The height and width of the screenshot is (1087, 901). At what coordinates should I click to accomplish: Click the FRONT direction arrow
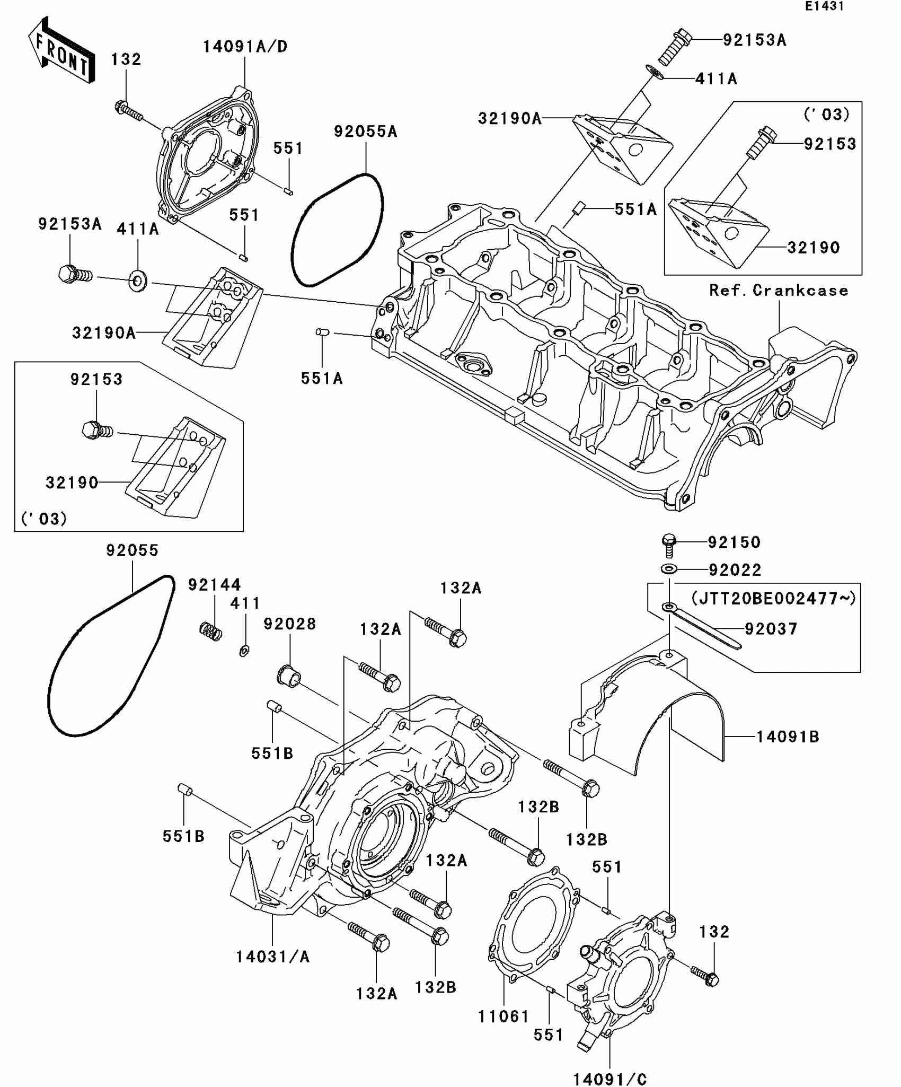pyautogui.click(x=61, y=50)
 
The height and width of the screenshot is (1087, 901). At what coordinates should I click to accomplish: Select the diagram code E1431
pyautogui.click(x=824, y=6)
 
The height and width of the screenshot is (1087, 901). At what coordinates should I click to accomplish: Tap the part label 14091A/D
pyautogui.click(x=245, y=47)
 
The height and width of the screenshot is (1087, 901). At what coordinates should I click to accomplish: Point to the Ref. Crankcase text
pyautogui.click(x=779, y=291)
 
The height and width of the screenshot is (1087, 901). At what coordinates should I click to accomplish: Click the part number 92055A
pyautogui.click(x=365, y=132)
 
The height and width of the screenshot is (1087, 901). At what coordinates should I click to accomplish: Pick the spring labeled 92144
pyautogui.click(x=211, y=631)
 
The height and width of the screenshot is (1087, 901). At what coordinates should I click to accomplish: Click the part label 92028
pyautogui.click(x=290, y=624)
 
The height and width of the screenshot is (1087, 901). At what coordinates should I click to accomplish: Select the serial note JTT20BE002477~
pyautogui.click(x=773, y=599)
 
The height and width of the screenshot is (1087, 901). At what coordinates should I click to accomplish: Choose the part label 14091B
pyautogui.click(x=787, y=737)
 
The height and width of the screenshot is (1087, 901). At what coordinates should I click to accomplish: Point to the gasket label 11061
pyautogui.click(x=503, y=1017)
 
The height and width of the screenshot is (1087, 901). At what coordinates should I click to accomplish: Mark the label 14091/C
pyautogui.click(x=610, y=1079)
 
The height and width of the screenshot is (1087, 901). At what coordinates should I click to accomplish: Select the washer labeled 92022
pyautogui.click(x=669, y=569)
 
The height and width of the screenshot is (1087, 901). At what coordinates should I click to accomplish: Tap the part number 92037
pyautogui.click(x=771, y=629)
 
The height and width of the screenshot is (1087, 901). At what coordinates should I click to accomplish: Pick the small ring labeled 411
pyautogui.click(x=244, y=651)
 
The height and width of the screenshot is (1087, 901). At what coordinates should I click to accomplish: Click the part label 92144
pyautogui.click(x=215, y=585)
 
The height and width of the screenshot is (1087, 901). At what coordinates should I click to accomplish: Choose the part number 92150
pyautogui.click(x=734, y=542)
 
